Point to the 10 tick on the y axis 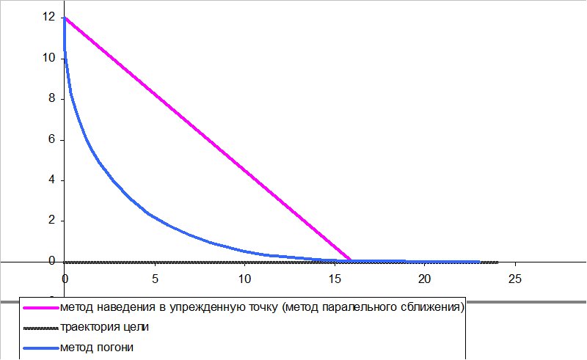pos(49,58)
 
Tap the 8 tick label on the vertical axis pos(51,98)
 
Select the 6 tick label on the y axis pos(51,139)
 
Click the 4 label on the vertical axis pos(51,180)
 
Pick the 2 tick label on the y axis pos(51,220)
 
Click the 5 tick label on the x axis pos(155,279)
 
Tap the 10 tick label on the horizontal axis pos(244,279)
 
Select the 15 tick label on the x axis pos(335,279)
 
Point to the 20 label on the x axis pos(425,279)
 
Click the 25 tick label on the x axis pos(515,279)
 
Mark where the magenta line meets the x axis pos(351,260)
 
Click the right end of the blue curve pos(479,261)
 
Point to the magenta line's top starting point pos(65,18)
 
